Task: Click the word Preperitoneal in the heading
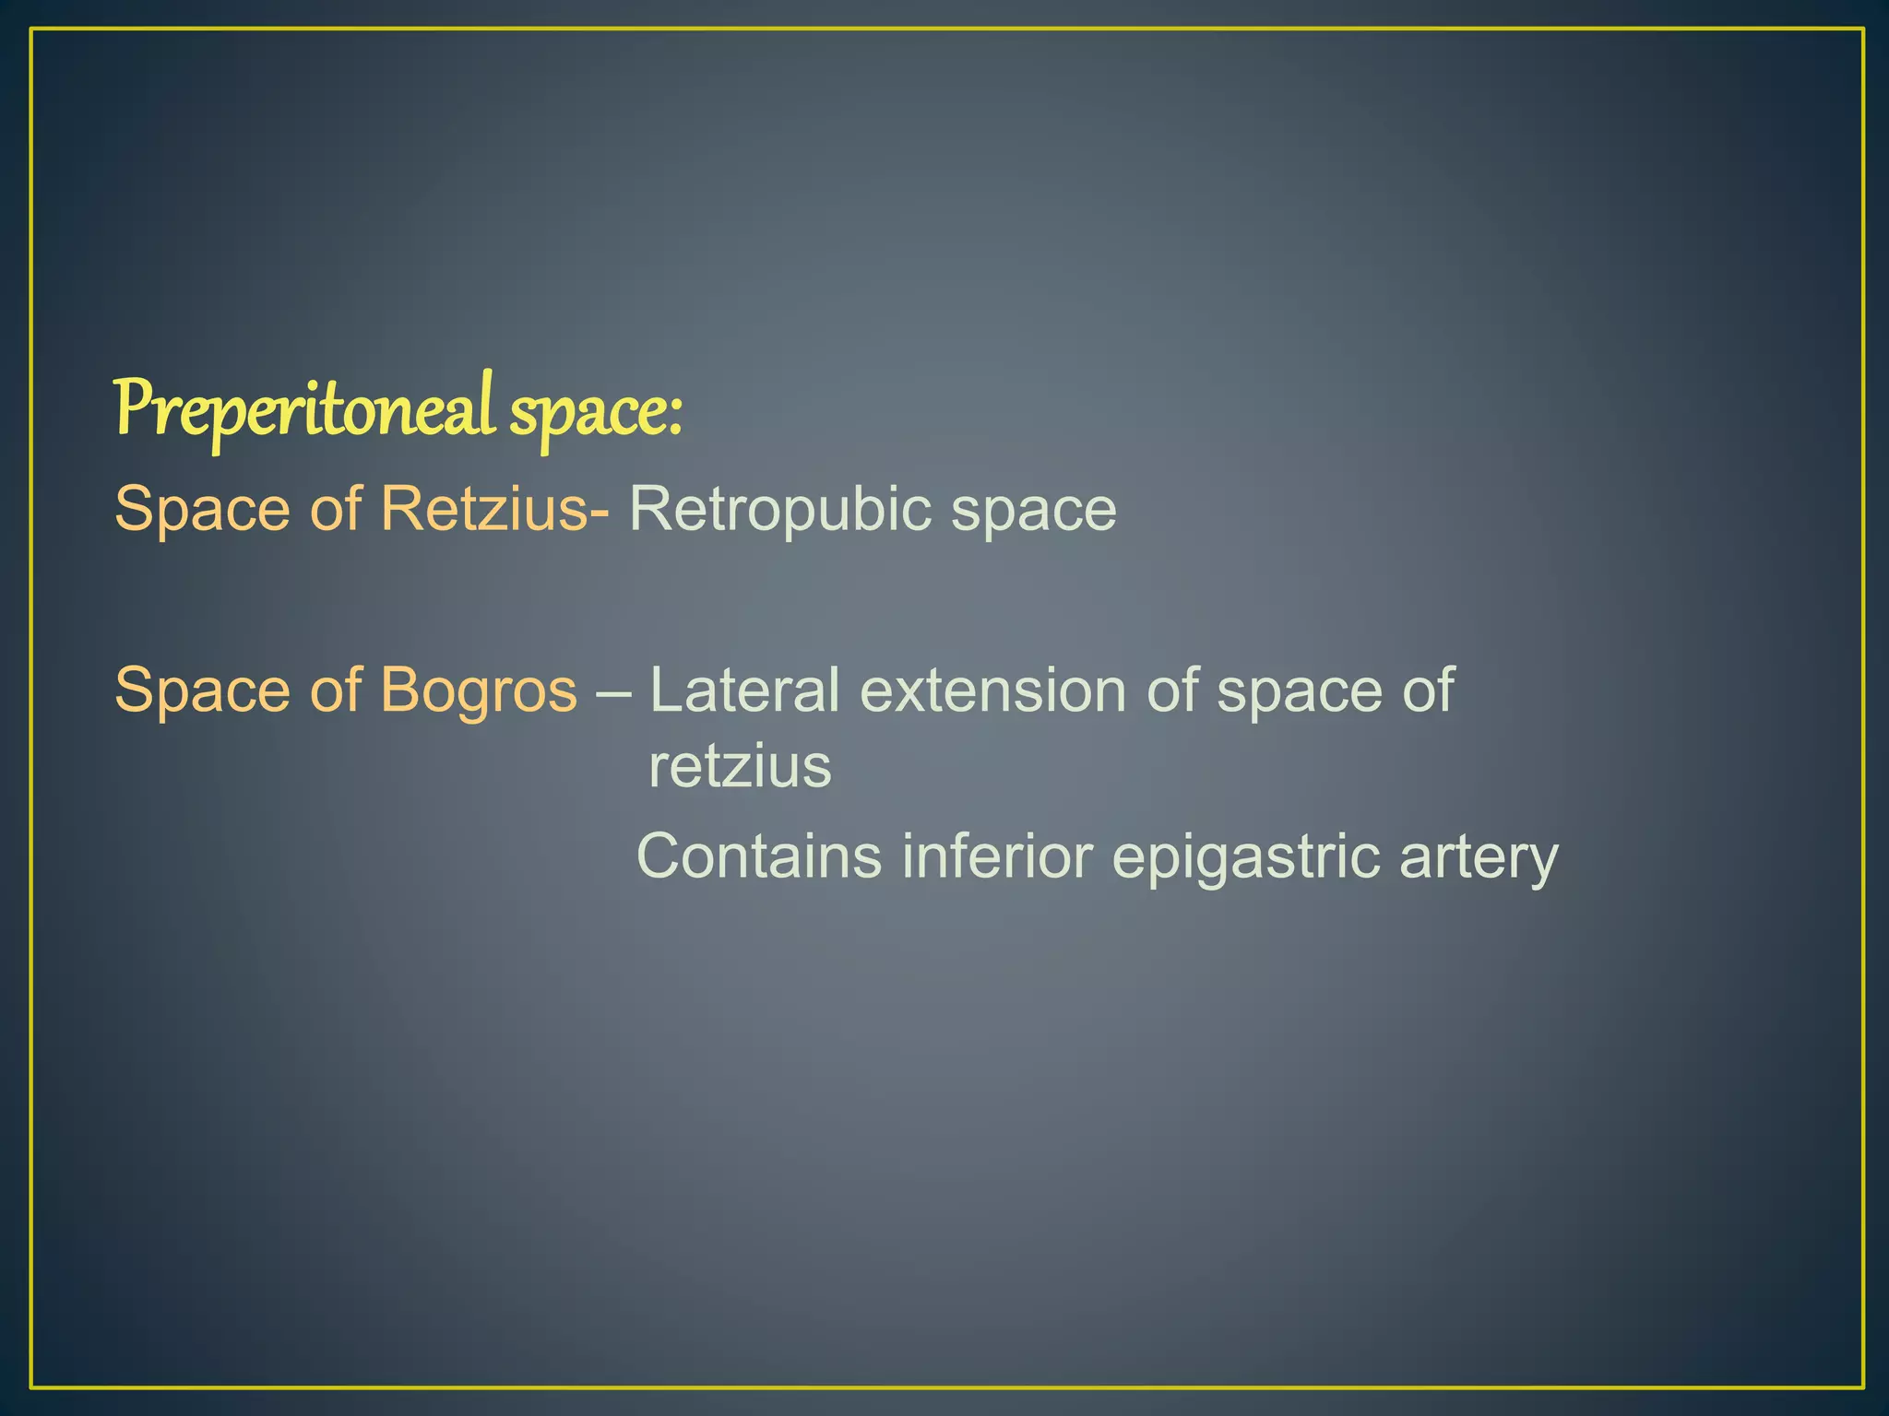pos(305,409)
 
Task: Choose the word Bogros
pos(479,690)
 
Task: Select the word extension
pos(992,690)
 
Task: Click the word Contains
pos(759,855)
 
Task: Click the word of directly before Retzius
pos(335,508)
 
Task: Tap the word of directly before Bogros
pos(335,690)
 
